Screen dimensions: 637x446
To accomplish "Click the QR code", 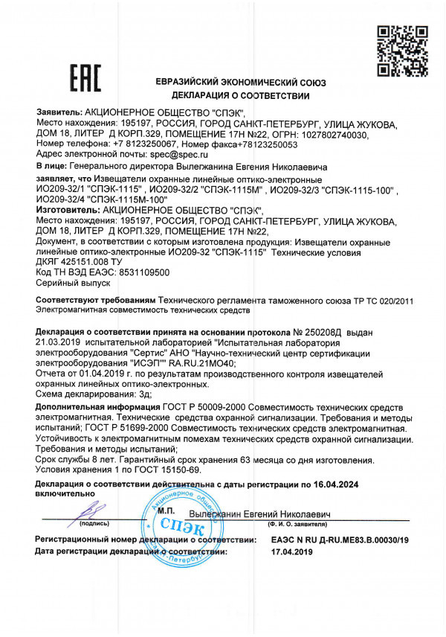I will (x=395, y=51).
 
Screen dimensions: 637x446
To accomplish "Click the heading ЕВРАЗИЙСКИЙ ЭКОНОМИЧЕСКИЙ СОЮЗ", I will (x=241, y=83).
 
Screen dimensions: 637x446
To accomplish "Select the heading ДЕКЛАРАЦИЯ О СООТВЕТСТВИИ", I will (x=240, y=96).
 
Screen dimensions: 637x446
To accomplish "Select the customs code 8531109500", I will (x=143, y=272).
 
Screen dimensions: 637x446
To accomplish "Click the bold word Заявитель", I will (x=59, y=109).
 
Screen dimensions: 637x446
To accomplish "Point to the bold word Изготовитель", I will (x=66, y=211).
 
